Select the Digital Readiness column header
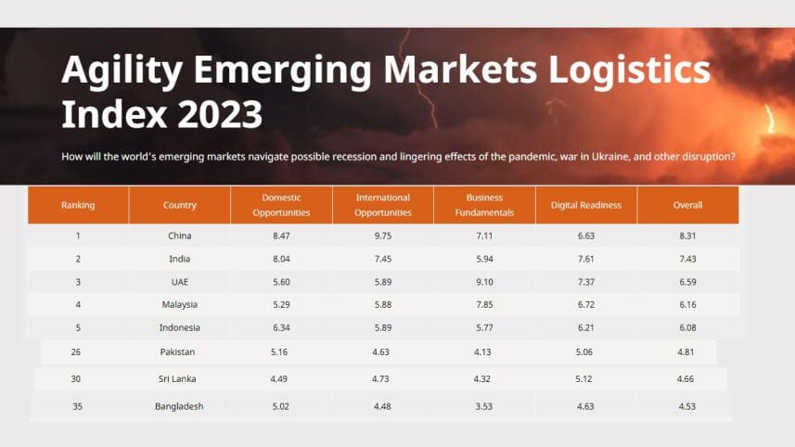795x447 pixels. pos(585,205)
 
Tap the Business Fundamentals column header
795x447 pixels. pos(484,205)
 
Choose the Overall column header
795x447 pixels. pos(687,205)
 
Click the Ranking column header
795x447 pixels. pos(78,205)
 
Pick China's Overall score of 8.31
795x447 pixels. pos(687,236)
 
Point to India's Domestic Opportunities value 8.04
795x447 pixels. pos(281,259)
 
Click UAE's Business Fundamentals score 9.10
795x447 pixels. pos(484,282)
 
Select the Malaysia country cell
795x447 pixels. pos(180,304)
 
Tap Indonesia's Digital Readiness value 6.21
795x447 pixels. pos(585,327)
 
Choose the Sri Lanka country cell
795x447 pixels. pos(180,378)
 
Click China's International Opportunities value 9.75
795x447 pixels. pos(383,236)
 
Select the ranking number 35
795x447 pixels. pos(78,406)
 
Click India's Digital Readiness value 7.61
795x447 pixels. pos(585,259)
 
